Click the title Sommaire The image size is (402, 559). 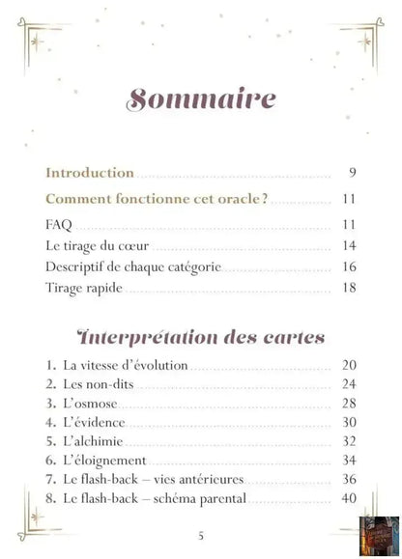click(x=201, y=99)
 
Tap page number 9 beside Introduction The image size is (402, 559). click(x=354, y=174)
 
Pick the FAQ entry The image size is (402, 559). click(x=58, y=226)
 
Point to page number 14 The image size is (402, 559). click(x=350, y=246)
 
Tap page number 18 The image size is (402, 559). click(x=350, y=289)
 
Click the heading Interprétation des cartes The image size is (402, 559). click(x=201, y=338)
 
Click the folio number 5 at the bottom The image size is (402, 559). click(x=200, y=536)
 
